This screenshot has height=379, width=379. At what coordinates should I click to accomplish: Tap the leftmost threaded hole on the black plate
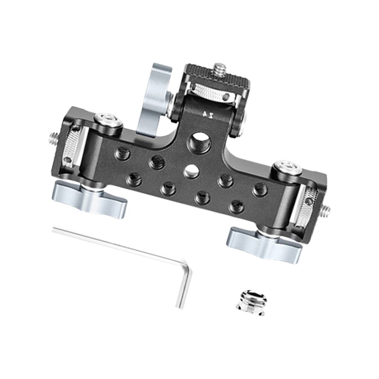(123, 153)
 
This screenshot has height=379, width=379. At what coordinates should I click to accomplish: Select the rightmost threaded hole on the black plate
(260, 190)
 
